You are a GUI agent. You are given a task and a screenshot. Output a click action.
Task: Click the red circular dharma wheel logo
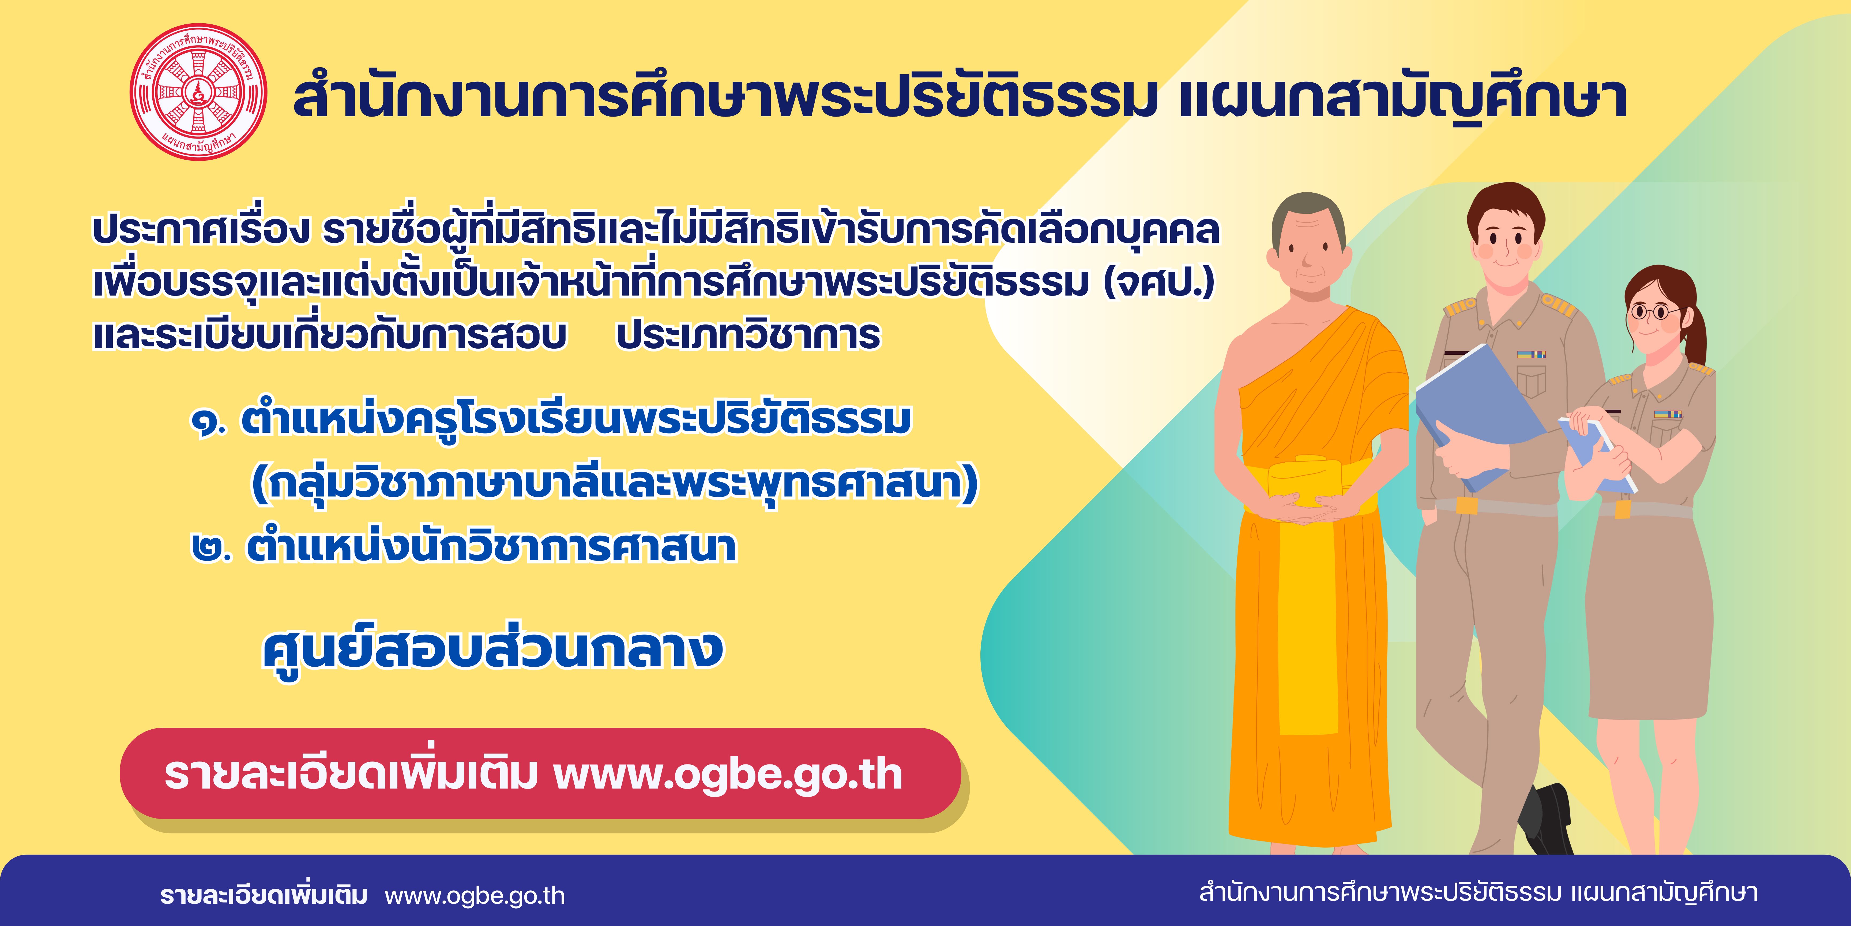pos(198,91)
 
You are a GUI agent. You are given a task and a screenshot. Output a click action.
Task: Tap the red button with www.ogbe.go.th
pos(540,774)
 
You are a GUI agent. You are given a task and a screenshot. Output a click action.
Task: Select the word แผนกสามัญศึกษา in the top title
pos(1403,99)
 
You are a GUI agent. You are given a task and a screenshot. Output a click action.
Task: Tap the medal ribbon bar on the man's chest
pos(1530,354)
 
